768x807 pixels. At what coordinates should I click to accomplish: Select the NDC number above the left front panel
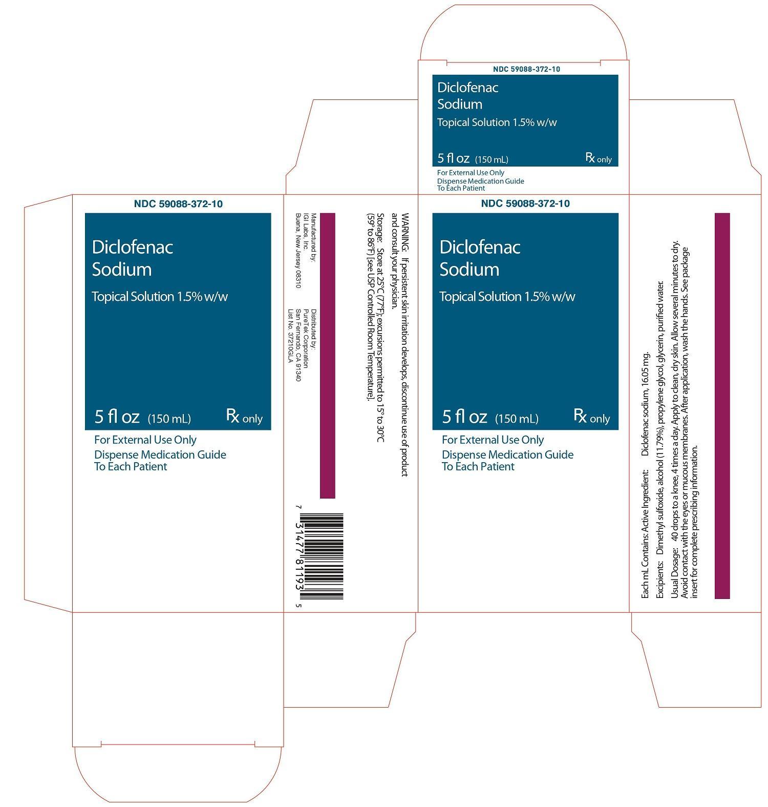pyautogui.click(x=178, y=204)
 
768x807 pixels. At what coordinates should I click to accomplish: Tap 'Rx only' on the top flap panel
pyautogui.click(x=599, y=158)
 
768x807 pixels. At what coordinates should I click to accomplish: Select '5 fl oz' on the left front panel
pyautogui.click(x=117, y=417)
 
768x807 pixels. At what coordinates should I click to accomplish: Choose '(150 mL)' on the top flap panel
pyautogui.click(x=492, y=159)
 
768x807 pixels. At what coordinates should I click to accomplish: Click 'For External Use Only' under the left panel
pyautogui.click(x=145, y=440)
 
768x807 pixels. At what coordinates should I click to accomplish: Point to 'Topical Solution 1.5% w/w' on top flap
pyautogui.click(x=497, y=122)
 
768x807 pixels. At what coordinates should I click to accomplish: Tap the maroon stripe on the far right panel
pyautogui.click(x=722, y=406)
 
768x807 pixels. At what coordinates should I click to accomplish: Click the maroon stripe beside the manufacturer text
pyautogui.click(x=328, y=356)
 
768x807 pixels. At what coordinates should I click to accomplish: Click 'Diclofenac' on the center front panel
pyautogui.click(x=480, y=247)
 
